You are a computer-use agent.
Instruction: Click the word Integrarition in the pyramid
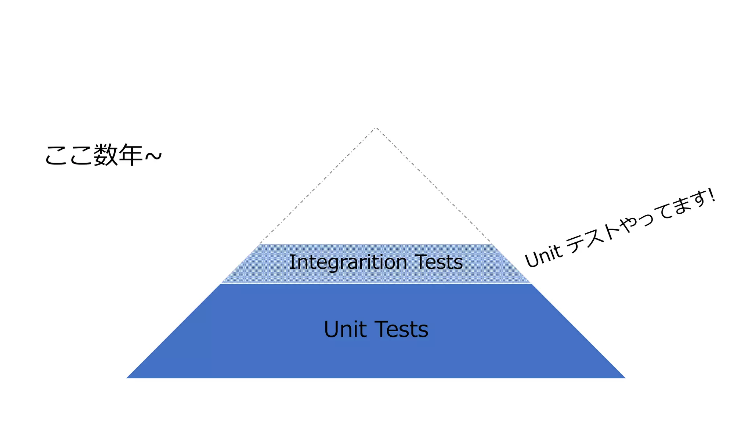348,262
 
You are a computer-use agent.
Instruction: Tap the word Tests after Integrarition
439,262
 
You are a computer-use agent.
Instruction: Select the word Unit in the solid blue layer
345,329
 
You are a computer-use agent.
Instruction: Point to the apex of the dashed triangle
376,128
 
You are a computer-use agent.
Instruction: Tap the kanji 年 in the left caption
130,155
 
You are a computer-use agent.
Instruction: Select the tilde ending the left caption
153,156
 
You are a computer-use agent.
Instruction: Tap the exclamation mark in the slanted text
712,195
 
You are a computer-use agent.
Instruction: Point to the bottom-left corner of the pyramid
127,378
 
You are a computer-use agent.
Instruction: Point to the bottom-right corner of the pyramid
625,378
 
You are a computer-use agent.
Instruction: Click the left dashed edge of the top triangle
318,186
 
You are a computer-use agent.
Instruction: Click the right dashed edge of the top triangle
434,186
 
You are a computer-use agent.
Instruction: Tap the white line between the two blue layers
376,284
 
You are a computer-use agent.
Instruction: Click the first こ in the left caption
57,155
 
